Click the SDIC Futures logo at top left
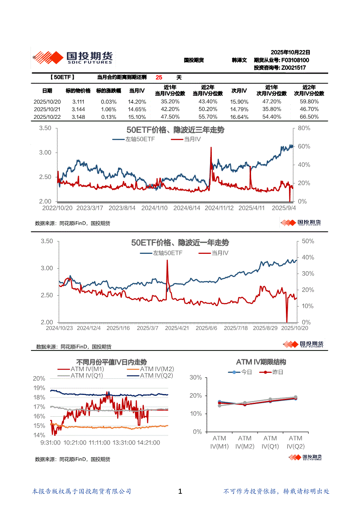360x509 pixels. coord(72,57)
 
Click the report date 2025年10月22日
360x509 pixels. coord(290,51)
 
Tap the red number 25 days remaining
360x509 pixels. coord(159,78)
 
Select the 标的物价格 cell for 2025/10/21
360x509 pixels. coord(78,109)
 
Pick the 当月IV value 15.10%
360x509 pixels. coord(137,117)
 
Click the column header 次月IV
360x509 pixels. coord(239,91)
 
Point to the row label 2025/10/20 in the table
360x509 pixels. coord(47,101)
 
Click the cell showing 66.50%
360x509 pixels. coord(310,117)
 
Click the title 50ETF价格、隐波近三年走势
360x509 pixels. coord(175,130)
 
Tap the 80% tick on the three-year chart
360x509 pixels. coord(304,128)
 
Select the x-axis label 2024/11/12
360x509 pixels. coord(219,208)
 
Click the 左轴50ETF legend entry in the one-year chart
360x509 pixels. coord(167,253)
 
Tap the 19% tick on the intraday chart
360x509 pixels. coord(39,388)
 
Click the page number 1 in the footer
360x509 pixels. coord(180,492)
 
